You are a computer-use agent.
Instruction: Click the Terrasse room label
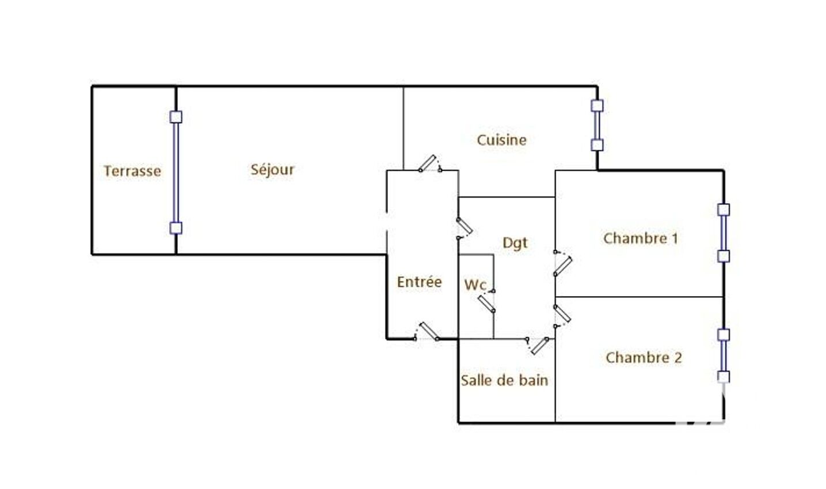132,171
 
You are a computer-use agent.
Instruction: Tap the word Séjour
272,169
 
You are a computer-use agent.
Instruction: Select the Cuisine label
501,140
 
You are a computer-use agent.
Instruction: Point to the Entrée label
419,282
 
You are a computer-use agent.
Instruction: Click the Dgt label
515,243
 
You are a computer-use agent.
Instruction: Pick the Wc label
475,285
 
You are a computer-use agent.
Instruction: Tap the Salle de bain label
504,380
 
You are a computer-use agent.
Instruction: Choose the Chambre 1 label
641,238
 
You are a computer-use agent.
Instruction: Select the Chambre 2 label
644,357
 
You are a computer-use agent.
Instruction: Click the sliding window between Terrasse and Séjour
176,173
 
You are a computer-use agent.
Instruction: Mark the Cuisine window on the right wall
597,125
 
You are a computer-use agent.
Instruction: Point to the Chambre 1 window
724,233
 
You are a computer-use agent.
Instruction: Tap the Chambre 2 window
724,356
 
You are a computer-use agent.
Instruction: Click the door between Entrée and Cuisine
430,164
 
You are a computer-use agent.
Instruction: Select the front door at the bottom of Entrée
427,331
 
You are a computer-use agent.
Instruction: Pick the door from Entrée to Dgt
465,229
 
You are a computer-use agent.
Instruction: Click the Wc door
487,301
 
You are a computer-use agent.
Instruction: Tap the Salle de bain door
539,346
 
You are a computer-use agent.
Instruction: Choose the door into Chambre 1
563,263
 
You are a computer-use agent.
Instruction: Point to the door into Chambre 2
562,316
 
